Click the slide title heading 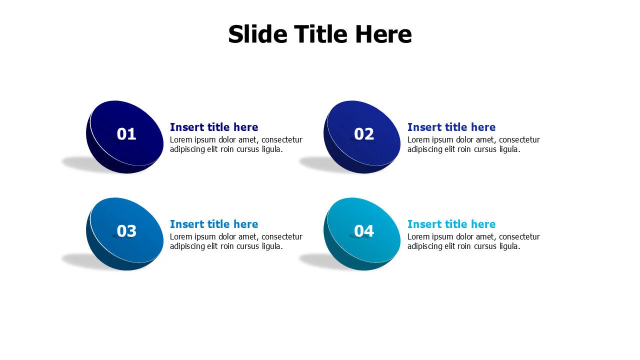[319, 34]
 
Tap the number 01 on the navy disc [126, 134]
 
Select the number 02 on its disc [364, 134]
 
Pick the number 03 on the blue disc [126, 231]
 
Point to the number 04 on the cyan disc [364, 231]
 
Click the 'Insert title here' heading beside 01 [214, 127]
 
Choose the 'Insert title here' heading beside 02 [451, 127]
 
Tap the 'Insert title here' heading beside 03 [214, 224]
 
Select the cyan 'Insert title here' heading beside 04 [451, 224]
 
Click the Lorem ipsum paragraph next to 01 [236, 144]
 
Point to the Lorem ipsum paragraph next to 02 [473, 144]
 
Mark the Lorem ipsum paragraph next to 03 [236, 241]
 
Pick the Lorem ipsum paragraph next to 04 [473, 241]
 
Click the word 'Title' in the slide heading [321, 34]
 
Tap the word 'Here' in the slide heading [383, 34]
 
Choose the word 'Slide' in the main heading [257, 34]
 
